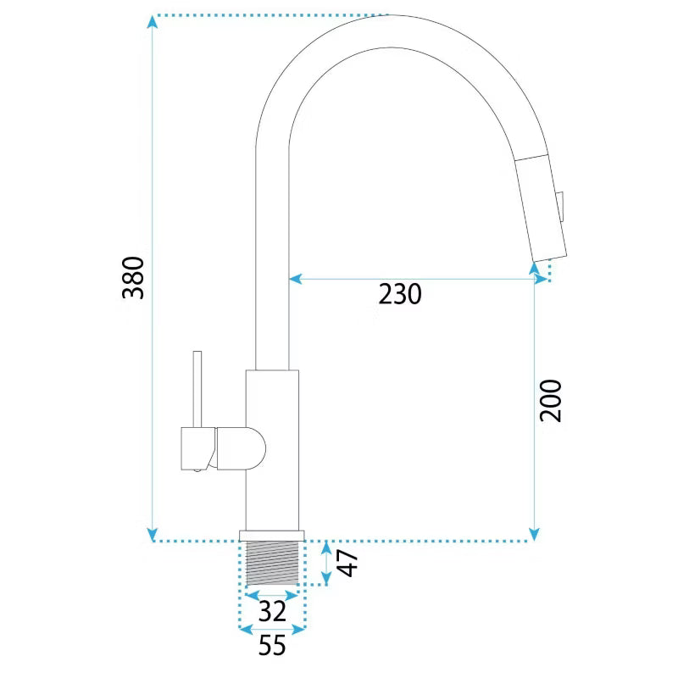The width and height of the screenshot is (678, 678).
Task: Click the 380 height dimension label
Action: pyautogui.click(x=133, y=278)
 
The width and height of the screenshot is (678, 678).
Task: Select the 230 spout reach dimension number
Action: pyautogui.click(x=400, y=294)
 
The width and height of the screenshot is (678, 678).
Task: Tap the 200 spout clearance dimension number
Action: pyautogui.click(x=550, y=400)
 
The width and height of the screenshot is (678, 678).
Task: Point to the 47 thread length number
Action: pyautogui.click(x=347, y=563)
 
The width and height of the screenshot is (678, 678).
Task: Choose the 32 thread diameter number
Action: pyautogui.click(x=272, y=611)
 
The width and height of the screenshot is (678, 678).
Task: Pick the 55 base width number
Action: pyautogui.click(x=272, y=645)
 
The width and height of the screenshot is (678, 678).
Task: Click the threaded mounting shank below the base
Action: pyautogui.click(x=272, y=563)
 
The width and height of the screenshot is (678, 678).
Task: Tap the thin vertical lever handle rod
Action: pyautogui.click(x=197, y=389)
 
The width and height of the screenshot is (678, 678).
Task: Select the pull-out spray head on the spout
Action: pyautogui.click(x=541, y=208)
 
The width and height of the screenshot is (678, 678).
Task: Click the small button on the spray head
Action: pyautogui.click(x=561, y=208)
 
